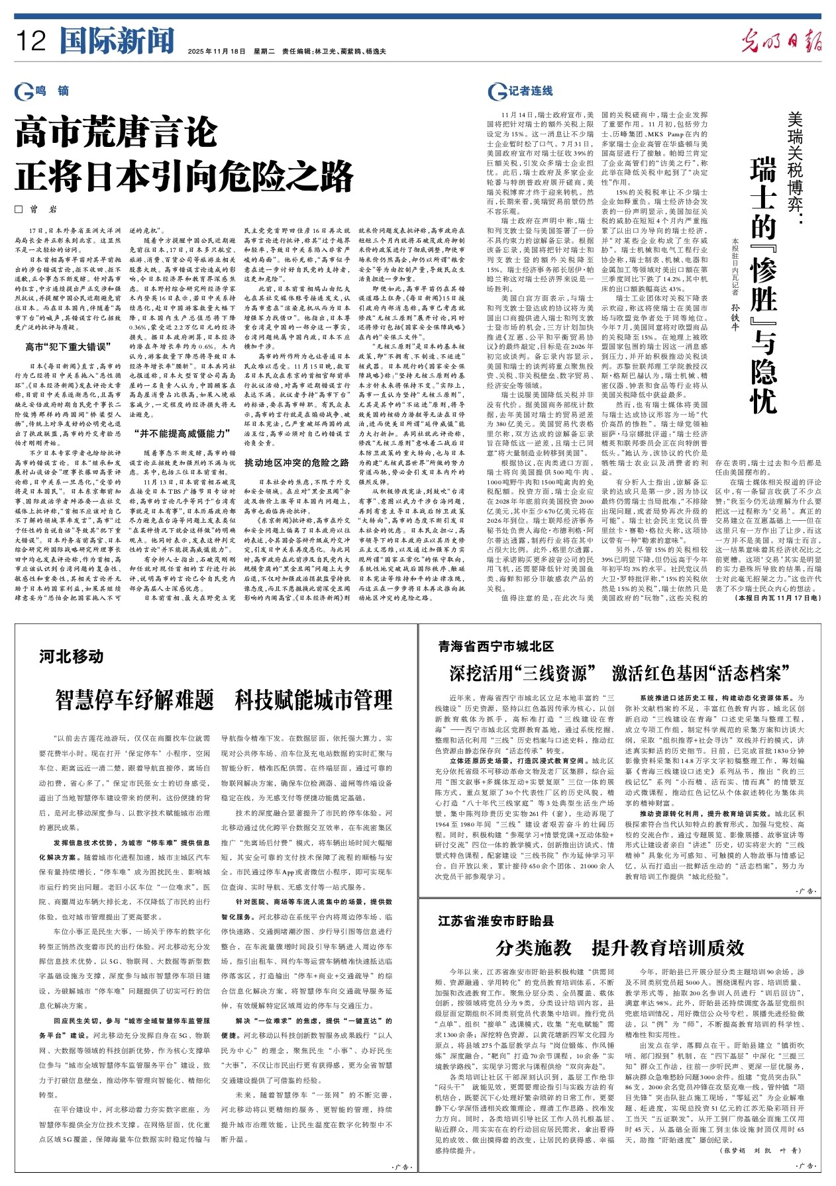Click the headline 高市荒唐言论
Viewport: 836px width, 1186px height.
click(117, 132)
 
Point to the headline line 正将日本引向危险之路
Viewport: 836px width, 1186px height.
click(185, 175)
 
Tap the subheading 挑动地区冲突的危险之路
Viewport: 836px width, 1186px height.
click(296, 463)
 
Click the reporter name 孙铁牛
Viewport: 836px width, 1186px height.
click(735, 307)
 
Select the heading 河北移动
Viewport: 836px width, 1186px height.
click(72, 657)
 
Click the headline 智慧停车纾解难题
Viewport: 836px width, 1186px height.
click(135, 700)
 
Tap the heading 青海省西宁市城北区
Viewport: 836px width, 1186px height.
click(496, 646)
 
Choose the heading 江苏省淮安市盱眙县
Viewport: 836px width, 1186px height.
click(496, 921)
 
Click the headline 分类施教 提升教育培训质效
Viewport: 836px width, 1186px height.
click(620, 948)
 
